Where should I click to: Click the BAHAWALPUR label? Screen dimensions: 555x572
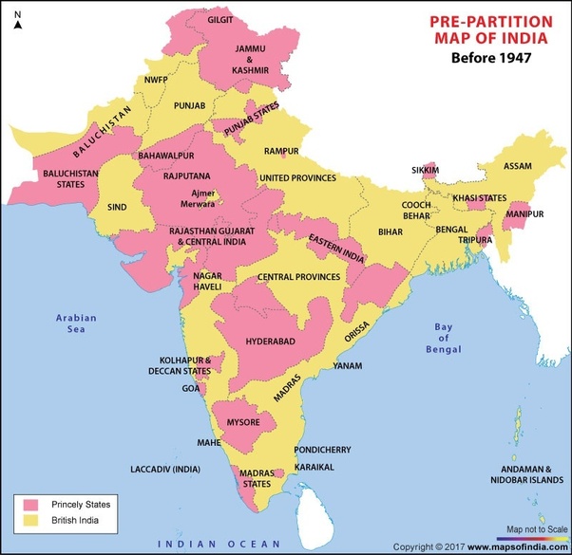pyautogui.click(x=164, y=154)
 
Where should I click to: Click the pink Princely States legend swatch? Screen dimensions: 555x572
pyautogui.click(x=31, y=503)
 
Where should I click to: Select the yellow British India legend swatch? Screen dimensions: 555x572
pyautogui.click(x=31, y=522)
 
